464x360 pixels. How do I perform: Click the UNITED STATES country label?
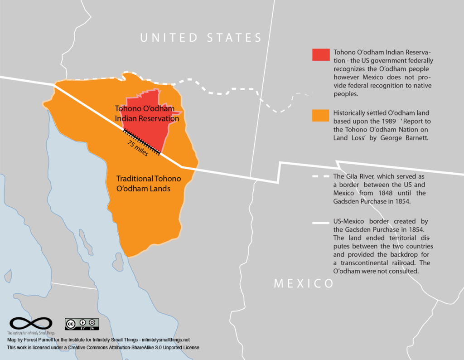pyautogui.click(x=201, y=38)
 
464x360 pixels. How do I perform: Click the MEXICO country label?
pyautogui.click(x=304, y=284)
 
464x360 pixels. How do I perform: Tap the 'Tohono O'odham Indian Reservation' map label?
pyautogui.click(x=146, y=114)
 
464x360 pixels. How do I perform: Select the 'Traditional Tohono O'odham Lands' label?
pyautogui.click(x=148, y=183)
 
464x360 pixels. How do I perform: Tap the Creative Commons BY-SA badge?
pyautogui.click(x=82, y=324)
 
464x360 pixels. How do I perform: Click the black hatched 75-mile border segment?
pyautogui.click(x=142, y=142)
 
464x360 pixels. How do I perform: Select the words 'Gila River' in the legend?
pyautogui.click(x=363, y=177)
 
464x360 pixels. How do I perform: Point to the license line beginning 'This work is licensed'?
pyautogui.click(x=104, y=347)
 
